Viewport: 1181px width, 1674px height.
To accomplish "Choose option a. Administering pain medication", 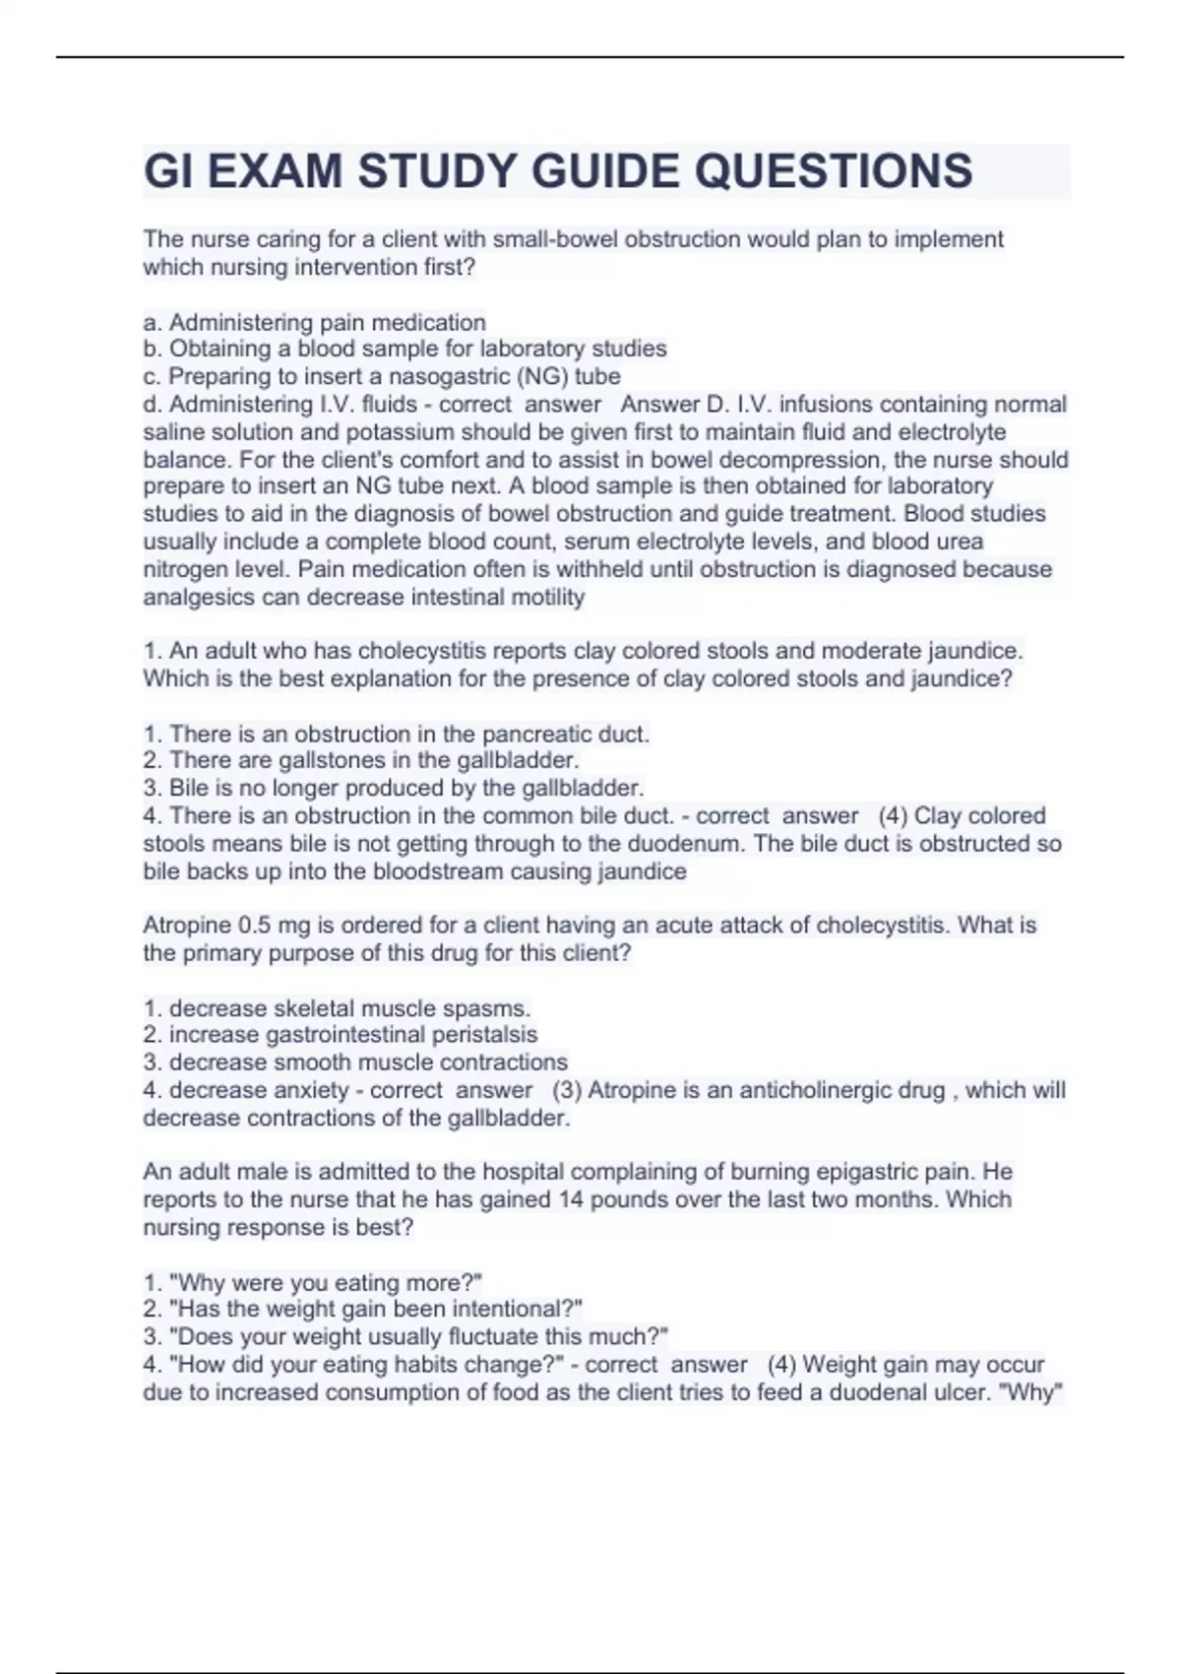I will click(315, 322).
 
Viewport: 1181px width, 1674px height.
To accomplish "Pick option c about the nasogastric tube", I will click(382, 376).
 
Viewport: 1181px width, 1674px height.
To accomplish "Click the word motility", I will click(547, 597).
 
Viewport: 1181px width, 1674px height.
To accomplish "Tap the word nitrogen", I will click(184, 569).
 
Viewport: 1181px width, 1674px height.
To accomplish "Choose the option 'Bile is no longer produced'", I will click(394, 788).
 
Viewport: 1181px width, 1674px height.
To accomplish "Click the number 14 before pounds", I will click(572, 1199).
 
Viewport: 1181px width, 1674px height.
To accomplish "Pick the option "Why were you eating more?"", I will click(313, 1282).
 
